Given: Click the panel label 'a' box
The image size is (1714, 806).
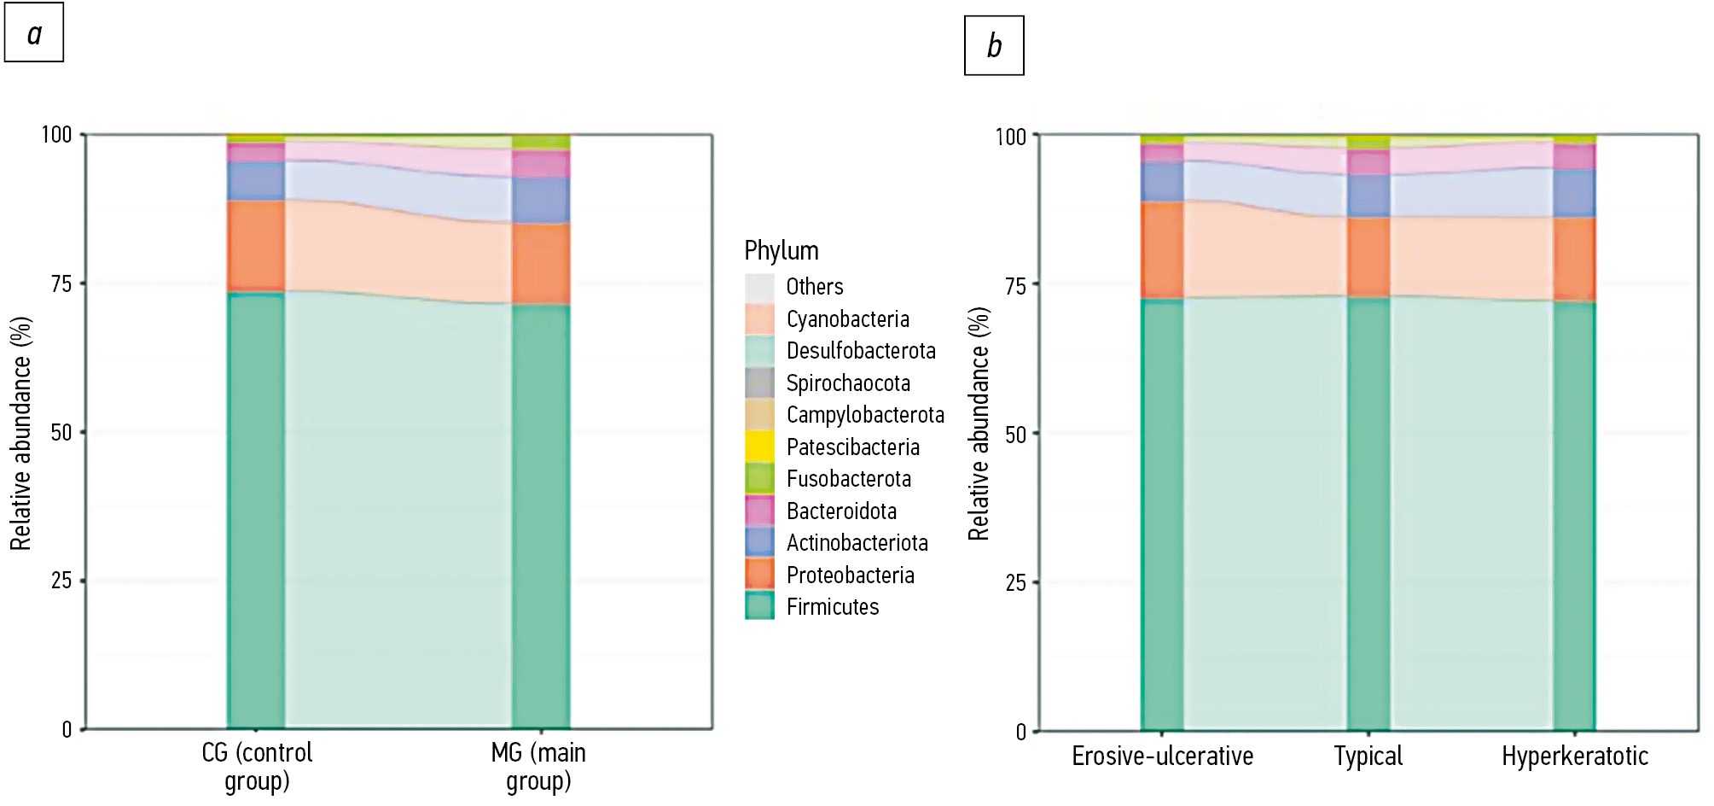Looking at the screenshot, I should (34, 33).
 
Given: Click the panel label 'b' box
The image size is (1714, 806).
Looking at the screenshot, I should (994, 45).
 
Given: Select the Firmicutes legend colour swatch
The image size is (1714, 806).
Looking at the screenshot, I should (759, 606).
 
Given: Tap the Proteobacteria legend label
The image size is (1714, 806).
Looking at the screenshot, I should (850, 575).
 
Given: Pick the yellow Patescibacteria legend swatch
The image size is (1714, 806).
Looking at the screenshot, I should (759, 447).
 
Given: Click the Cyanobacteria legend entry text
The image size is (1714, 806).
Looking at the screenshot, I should (847, 318).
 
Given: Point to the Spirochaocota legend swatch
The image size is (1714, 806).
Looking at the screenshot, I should (759, 383).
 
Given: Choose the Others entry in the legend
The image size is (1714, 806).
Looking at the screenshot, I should (814, 286).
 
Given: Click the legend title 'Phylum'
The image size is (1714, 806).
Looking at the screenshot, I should (781, 250).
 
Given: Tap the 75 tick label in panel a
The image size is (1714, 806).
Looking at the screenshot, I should (61, 283).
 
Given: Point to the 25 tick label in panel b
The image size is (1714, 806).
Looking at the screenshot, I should (1014, 583).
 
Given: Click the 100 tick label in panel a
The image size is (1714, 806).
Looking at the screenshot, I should (56, 135).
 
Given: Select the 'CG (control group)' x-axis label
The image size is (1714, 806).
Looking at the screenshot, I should (257, 766).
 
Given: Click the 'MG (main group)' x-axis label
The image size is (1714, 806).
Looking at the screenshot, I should (538, 766).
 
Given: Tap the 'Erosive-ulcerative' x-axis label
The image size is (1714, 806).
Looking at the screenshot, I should (1162, 756).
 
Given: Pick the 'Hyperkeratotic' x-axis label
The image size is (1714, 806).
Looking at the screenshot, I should (1574, 756).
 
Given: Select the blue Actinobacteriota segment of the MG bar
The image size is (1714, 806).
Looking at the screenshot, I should (541, 200).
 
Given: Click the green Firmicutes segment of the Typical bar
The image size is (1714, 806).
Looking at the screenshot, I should (1368, 512).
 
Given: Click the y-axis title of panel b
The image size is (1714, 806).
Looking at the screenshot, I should (979, 423).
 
